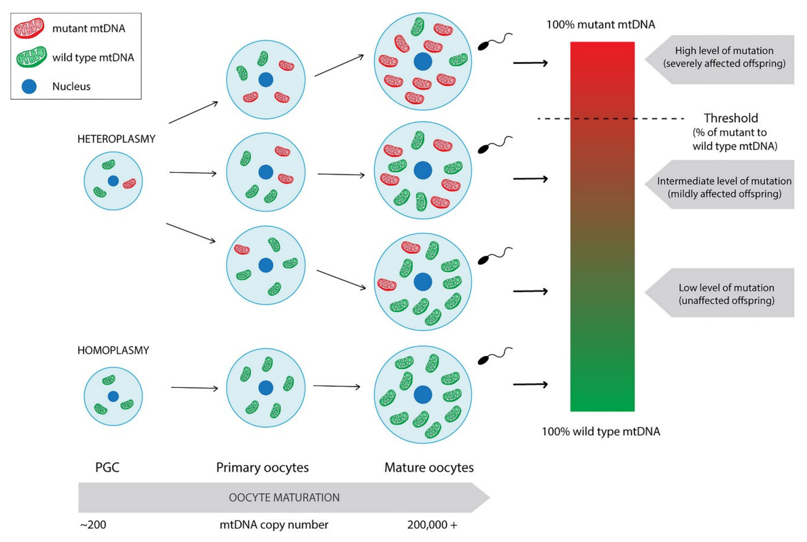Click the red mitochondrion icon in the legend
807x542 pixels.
(x=29, y=28)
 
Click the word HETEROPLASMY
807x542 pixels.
(x=116, y=139)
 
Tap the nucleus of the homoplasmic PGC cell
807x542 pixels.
(x=113, y=396)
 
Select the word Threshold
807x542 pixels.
(x=731, y=118)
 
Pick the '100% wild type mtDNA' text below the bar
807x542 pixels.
(x=601, y=431)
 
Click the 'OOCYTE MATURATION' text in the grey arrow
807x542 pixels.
(x=284, y=497)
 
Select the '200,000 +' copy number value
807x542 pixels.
(x=432, y=525)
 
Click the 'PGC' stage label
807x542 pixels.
(x=107, y=467)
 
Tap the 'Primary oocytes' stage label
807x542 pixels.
(x=262, y=468)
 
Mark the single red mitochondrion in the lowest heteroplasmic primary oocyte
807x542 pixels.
(x=242, y=249)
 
